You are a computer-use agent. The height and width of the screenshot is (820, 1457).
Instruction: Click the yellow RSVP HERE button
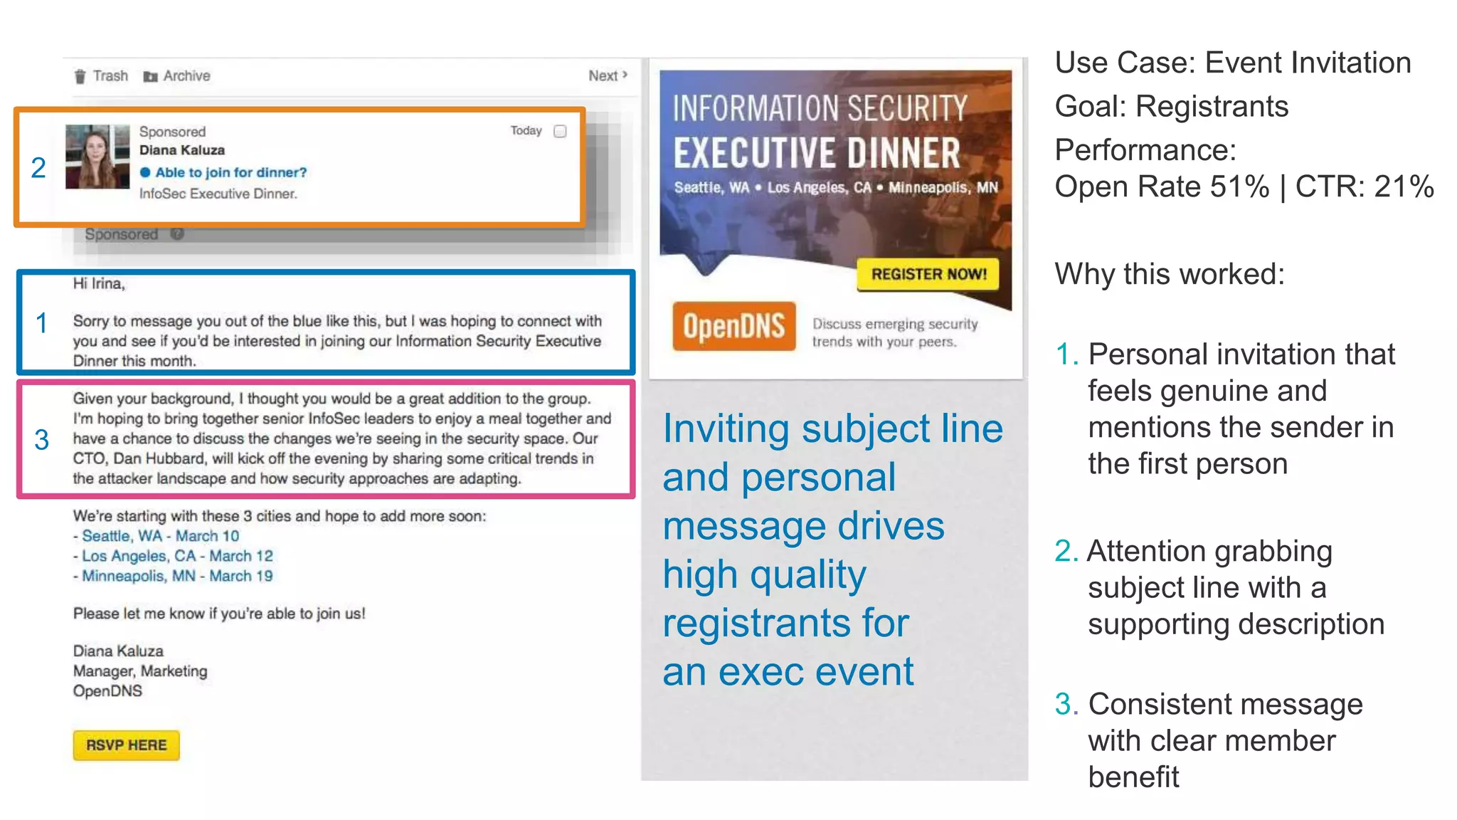tap(126, 745)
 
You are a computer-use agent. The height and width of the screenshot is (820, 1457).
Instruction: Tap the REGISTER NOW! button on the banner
tap(928, 274)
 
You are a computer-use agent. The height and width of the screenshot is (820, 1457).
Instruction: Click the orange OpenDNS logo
tap(733, 327)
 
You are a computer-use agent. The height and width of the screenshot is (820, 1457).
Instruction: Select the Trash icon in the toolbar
tap(80, 76)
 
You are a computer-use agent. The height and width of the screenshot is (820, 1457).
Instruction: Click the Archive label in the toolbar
tap(186, 76)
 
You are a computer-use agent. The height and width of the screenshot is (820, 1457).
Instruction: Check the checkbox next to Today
tap(560, 132)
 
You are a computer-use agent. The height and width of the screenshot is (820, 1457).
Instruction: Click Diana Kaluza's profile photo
tap(97, 157)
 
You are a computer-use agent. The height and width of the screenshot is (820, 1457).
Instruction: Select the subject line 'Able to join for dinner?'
tap(231, 172)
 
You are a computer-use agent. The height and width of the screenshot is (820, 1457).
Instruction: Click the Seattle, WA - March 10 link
tap(160, 536)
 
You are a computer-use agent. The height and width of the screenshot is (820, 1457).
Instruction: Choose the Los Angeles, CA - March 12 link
tap(177, 556)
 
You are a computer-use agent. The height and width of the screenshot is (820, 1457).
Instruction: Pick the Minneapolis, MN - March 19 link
tap(177, 576)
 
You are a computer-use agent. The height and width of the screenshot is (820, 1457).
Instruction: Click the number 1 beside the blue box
tap(42, 323)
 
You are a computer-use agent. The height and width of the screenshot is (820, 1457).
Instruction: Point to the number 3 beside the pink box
tap(42, 440)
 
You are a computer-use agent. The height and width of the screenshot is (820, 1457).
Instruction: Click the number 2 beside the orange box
tap(38, 168)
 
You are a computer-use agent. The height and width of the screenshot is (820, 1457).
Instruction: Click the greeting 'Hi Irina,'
tap(99, 284)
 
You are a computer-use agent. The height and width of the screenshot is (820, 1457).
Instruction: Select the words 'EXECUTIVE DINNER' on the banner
tap(817, 154)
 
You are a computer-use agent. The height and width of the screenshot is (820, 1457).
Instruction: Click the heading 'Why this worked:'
tap(1170, 274)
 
